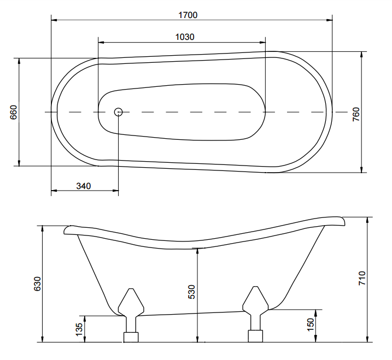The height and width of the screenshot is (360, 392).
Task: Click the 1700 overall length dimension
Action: (188, 15)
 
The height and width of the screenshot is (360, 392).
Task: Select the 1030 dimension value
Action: (185, 37)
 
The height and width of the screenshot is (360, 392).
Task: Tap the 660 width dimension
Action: (14, 112)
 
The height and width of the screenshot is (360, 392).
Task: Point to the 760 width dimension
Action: (356, 114)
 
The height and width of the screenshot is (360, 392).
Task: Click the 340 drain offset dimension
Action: (84, 186)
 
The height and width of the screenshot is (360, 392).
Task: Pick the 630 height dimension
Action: (37, 284)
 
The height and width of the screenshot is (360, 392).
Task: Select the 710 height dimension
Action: (362, 278)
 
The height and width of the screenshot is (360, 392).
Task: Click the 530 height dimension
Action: (191, 292)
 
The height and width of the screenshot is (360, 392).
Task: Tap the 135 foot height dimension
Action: (79, 329)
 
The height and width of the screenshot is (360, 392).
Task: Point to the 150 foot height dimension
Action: (310, 324)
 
